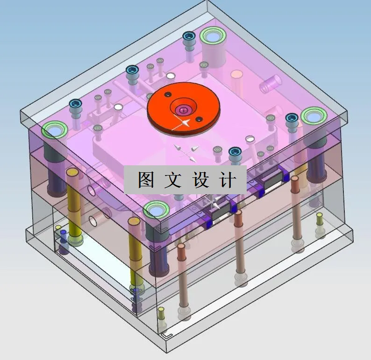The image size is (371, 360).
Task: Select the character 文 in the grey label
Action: [x=173, y=180]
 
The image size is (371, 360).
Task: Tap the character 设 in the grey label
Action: [x=200, y=180]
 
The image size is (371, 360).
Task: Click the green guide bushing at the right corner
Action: [x=313, y=116]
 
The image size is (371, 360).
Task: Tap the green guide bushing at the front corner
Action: [x=156, y=211]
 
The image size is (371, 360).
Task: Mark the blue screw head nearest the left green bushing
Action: [x=76, y=105]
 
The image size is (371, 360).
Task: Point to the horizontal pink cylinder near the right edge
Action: [x=270, y=86]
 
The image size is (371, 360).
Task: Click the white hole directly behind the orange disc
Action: [x=171, y=76]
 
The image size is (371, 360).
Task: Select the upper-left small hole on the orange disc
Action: [x=166, y=95]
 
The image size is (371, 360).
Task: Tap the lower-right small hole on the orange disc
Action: [x=200, y=120]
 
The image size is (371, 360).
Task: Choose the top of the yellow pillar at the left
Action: [x=72, y=172]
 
